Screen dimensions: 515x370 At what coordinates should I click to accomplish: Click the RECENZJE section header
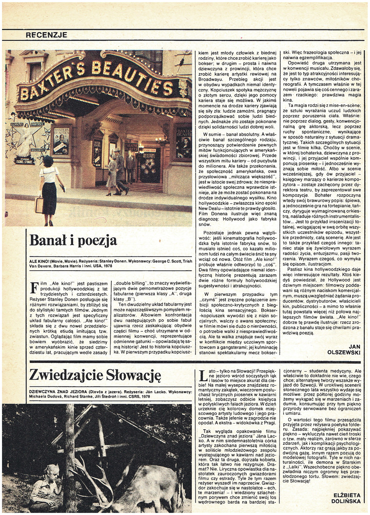point(46,35)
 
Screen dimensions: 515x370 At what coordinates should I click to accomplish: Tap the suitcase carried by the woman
point(39,204)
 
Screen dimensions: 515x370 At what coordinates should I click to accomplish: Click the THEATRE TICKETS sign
point(131,147)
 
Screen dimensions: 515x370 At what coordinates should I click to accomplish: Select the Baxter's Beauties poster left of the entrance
point(61,140)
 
